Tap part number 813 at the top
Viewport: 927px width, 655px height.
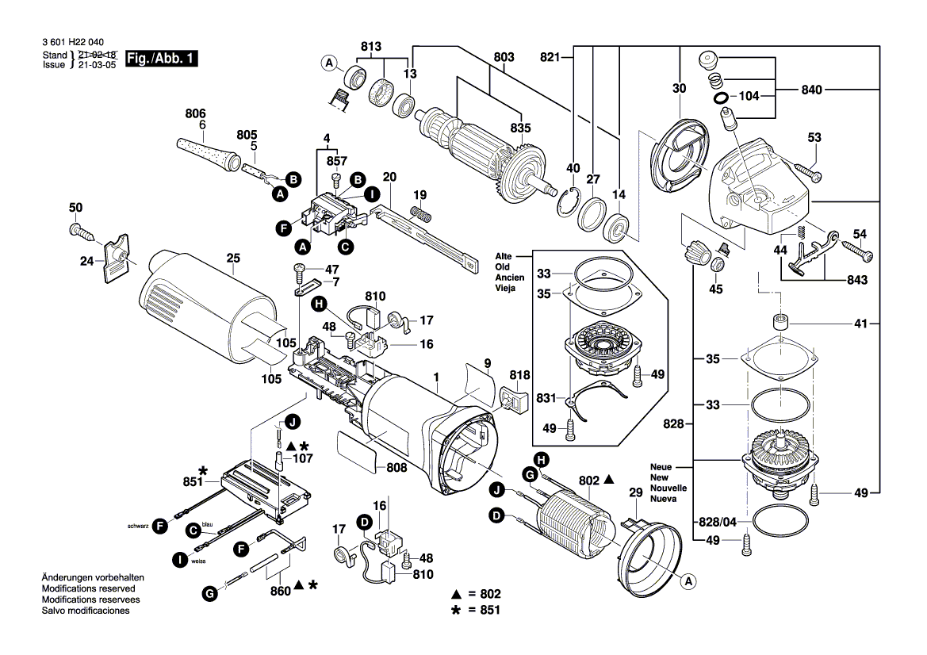pos(371,46)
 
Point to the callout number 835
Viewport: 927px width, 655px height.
pos(520,128)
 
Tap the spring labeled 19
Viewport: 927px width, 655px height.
pos(419,212)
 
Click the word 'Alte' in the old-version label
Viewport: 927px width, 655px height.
pos(504,257)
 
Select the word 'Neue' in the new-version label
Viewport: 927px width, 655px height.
pos(661,468)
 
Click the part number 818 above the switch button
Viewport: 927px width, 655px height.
pos(519,374)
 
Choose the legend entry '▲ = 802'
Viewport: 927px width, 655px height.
pos(476,593)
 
